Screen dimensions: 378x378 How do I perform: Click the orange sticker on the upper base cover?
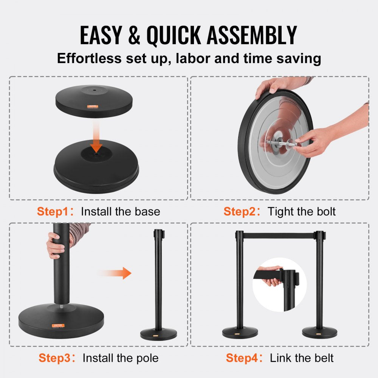[x=93, y=107]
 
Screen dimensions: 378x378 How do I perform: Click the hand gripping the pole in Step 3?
[x=56, y=246]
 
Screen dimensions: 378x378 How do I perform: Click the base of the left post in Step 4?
[x=240, y=332]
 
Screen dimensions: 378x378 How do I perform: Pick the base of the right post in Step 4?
[x=319, y=332]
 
